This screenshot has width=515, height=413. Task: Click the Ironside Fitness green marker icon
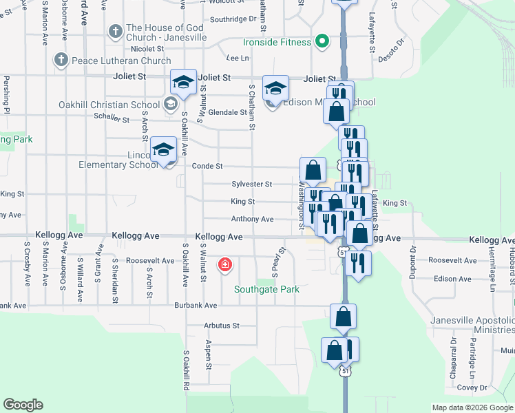tap(321, 42)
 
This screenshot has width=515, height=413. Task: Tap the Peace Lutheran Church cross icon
tap(61, 61)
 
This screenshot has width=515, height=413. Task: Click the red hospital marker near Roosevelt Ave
tap(224, 265)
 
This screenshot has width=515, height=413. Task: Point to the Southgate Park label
tap(266, 289)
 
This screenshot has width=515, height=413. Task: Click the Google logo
tap(23, 405)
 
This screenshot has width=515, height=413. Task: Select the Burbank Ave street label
tap(196, 305)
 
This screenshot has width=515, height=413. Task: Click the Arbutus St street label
tap(221, 326)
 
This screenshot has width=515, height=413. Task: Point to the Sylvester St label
tap(252, 184)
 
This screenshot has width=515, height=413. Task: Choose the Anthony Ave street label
tap(252, 220)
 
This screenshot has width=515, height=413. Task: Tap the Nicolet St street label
tap(147, 49)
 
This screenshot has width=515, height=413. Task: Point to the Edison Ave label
tap(453, 279)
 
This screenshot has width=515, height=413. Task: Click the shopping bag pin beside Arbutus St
tap(343, 317)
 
